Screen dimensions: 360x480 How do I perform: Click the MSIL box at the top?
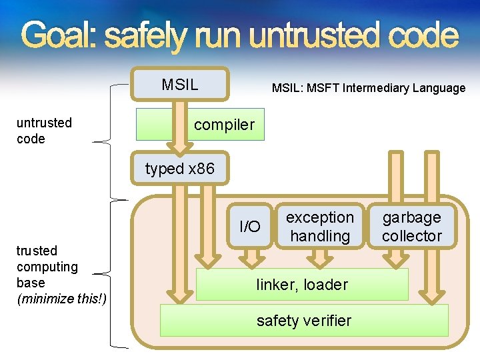click(179, 85)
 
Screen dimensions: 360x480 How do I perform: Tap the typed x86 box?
click(180, 169)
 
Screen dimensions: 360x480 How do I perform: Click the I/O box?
click(250, 227)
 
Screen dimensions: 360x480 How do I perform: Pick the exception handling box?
click(320, 227)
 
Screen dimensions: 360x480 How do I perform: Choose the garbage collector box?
click(411, 227)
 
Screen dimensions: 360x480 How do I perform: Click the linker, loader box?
click(302, 285)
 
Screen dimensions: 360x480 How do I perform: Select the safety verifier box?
click(303, 321)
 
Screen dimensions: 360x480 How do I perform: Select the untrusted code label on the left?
click(44, 131)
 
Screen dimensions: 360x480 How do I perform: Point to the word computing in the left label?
click(47, 267)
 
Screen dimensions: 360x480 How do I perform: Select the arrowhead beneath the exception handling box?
click(319, 259)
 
